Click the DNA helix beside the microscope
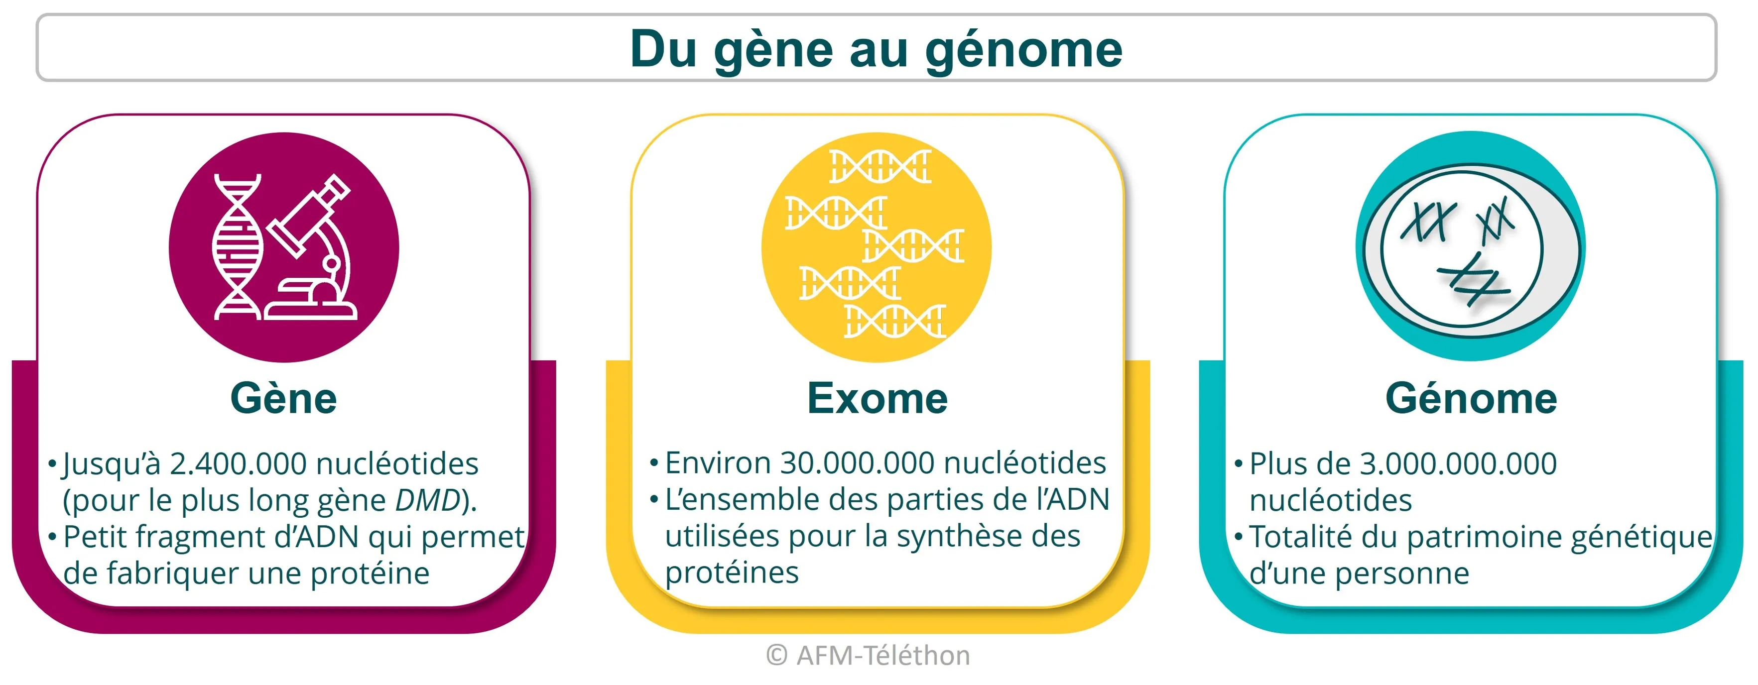[237, 247]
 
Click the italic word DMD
[428, 501]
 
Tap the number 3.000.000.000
[1458, 464]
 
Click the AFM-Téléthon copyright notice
[868, 656]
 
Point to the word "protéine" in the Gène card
[370, 574]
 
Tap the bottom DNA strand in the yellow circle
[895, 321]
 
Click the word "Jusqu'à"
[111, 464]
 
